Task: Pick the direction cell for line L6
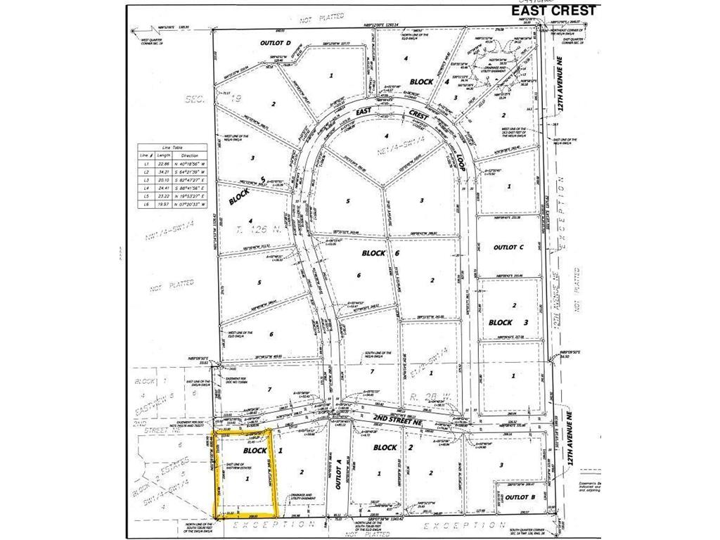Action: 190,204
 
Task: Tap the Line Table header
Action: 172,146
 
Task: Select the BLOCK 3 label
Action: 508,322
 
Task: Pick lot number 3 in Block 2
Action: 501,465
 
